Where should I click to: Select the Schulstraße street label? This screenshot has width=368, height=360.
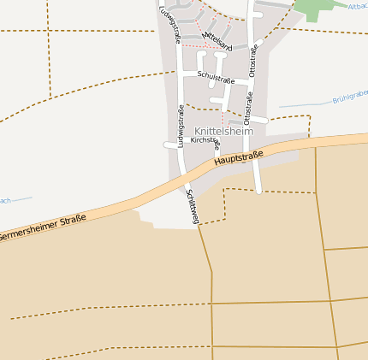click(x=215, y=79)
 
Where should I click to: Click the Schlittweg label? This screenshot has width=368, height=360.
click(x=193, y=206)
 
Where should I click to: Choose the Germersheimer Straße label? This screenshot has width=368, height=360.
click(x=43, y=228)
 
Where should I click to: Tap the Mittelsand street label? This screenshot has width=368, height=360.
click(x=217, y=40)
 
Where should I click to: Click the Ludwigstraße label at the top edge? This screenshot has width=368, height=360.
click(x=169, y=23)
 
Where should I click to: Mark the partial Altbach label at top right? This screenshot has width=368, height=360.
click(x=358, y=7)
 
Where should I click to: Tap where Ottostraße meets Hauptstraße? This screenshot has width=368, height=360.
click(x=257, y=151)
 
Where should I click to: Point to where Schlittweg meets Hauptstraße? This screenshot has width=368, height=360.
click(x=185, y=174)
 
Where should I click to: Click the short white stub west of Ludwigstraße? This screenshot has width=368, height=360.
click(x=170, y=145)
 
